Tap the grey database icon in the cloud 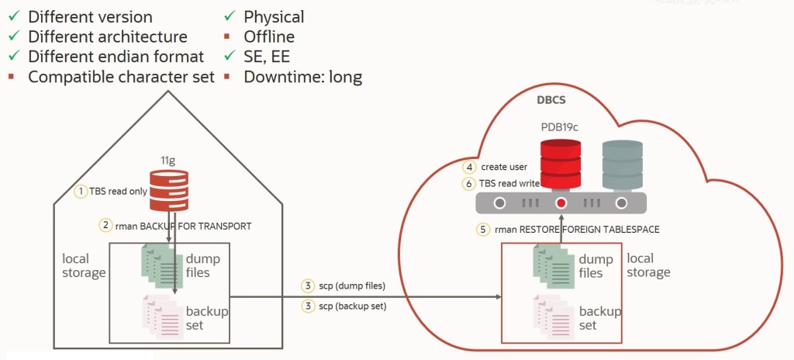click(x=622, y=164)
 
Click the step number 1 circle click(x=80, y=191)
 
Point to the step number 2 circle click(x=105, y=225)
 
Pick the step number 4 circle click(x=469, y=167)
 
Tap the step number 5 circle click(x=482, y=230)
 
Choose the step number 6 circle click(x=469, y=184)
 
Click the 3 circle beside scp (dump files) click(x=308, y=286)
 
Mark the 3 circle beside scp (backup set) click(x=308, y=306)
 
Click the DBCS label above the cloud click(x=552, y=100)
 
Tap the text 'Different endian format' click(x=116, y=57)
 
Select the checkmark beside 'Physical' click(x=229, y=16)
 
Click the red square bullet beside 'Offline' click(x=229, y=36)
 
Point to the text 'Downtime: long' click(x=302, y=77)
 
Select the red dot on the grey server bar click(x=561, y=203)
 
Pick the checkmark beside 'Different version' click(x=14, y=16)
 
